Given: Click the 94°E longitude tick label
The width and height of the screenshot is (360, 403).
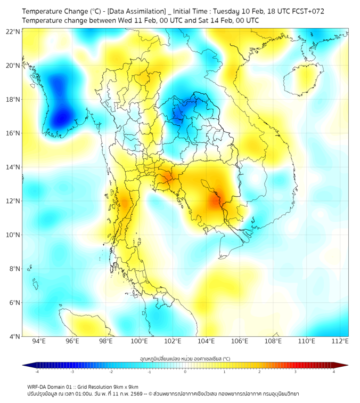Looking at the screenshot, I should click(x=39, y=341).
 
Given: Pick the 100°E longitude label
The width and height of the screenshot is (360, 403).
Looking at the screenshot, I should click(x=140, y=341).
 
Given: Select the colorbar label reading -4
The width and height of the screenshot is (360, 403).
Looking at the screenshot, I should click(x=37, y=372).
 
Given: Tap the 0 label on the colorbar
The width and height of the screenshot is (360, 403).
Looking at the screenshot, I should click(x=185, y=372).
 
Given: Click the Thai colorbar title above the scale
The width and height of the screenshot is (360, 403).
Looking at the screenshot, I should click(x=185, y=359).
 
